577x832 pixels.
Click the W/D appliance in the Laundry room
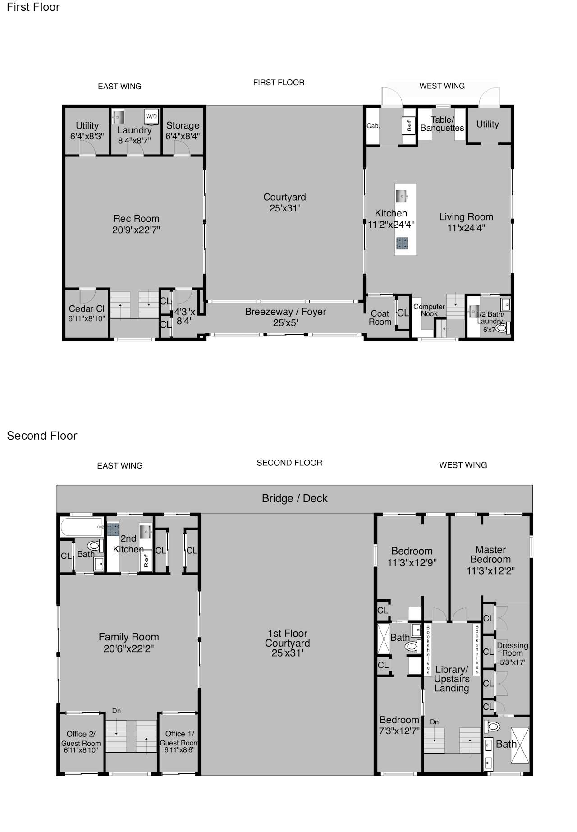pyautogui.click(x=151, y=116)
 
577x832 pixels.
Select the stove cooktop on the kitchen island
pyautogui.click(x=402, y=244)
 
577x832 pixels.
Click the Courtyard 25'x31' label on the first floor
pyautogui.click(x=285, y=202)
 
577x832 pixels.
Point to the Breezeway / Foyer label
pyautogui.click(x=285, y=317)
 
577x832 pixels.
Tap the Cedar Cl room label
pyautogui.click(x=87, y=309)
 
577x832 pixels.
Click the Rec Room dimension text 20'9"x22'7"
pyautogui.click(x=136, y=230)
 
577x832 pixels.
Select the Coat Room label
pyautogui.click(x=380, y=317)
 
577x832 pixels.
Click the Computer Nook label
pyautogui.click(x=429, y=310)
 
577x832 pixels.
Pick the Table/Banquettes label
pyautogui.click(x=442, y=124)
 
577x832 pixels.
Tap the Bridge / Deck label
pyautogui.click(x=295, y=498)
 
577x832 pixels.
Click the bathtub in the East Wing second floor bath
pyautogui.click(x=82, y=527)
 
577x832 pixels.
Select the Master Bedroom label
pyautogui.click(x=490, y=555)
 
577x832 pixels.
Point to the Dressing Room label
pyautogui.click(x=513, y=649)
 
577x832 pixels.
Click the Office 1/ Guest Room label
pyautogui.click(x=179, y=738)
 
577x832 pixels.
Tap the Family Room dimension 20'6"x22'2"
pyautogui.click(x=129, y=648)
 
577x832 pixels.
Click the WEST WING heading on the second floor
pyautogui.click(x=463, y=465)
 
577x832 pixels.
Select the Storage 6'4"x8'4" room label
pyautogui.click(x=183, y=131)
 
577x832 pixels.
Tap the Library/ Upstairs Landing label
pyautogui.click(x=452, y=679)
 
